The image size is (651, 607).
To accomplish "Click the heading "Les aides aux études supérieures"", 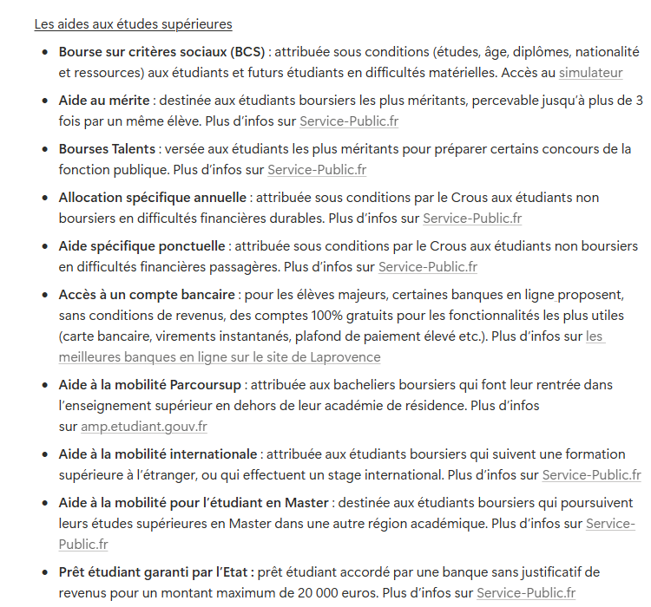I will (133, 24).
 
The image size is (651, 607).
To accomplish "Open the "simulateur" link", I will (590, 73).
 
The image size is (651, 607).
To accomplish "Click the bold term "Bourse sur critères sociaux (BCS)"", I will (161, 51).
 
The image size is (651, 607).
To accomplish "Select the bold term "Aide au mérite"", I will (104, 100).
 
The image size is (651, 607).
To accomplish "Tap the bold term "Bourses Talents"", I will (107, 149).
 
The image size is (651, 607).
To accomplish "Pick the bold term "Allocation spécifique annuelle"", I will (153, 198).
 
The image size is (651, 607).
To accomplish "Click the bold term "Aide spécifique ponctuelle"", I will (142, 246).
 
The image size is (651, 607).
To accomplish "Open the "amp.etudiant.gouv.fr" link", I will (144, 427).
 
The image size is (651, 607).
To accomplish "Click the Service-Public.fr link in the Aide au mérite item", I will (349, 121).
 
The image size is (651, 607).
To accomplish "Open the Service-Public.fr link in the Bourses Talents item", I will (317, 170).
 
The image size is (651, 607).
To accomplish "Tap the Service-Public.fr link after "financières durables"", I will (472, 219).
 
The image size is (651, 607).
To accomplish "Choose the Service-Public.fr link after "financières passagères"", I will (428, 267).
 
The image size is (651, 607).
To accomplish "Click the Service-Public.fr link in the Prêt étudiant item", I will (526, 593).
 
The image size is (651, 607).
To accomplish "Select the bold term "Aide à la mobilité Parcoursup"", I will (151, 383).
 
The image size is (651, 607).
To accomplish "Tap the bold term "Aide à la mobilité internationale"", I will (158, 454).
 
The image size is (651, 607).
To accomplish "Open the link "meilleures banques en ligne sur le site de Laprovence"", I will (220, 357).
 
